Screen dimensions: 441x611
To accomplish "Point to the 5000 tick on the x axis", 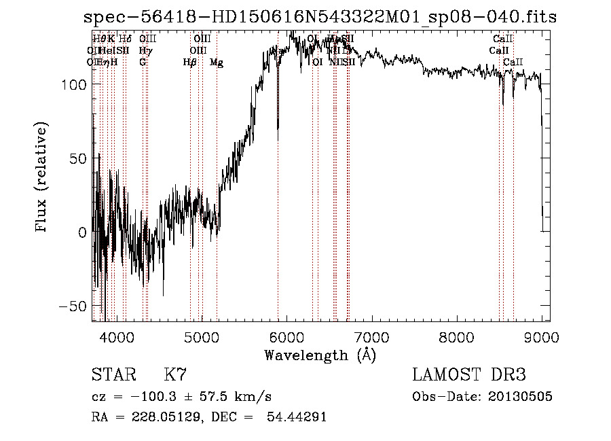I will coord(202,336).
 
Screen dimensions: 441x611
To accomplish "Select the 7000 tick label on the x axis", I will coord(372,336).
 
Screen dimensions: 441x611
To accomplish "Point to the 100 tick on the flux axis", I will coord(74,84).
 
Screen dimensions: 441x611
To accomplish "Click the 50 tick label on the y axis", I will coord(78,158).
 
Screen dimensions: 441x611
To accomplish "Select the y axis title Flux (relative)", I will coord(43,179).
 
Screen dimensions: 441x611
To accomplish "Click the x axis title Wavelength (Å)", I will coord(320,355).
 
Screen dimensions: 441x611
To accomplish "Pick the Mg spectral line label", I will coord(217,63).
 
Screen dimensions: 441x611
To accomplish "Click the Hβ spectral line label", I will coord(189,63).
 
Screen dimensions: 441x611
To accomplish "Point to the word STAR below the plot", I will coord(113,375).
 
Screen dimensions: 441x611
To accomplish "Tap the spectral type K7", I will coord(174,375).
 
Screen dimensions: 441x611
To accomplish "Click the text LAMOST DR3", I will coord(468,375).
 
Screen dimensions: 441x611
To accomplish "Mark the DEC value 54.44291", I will coord(298,417).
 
